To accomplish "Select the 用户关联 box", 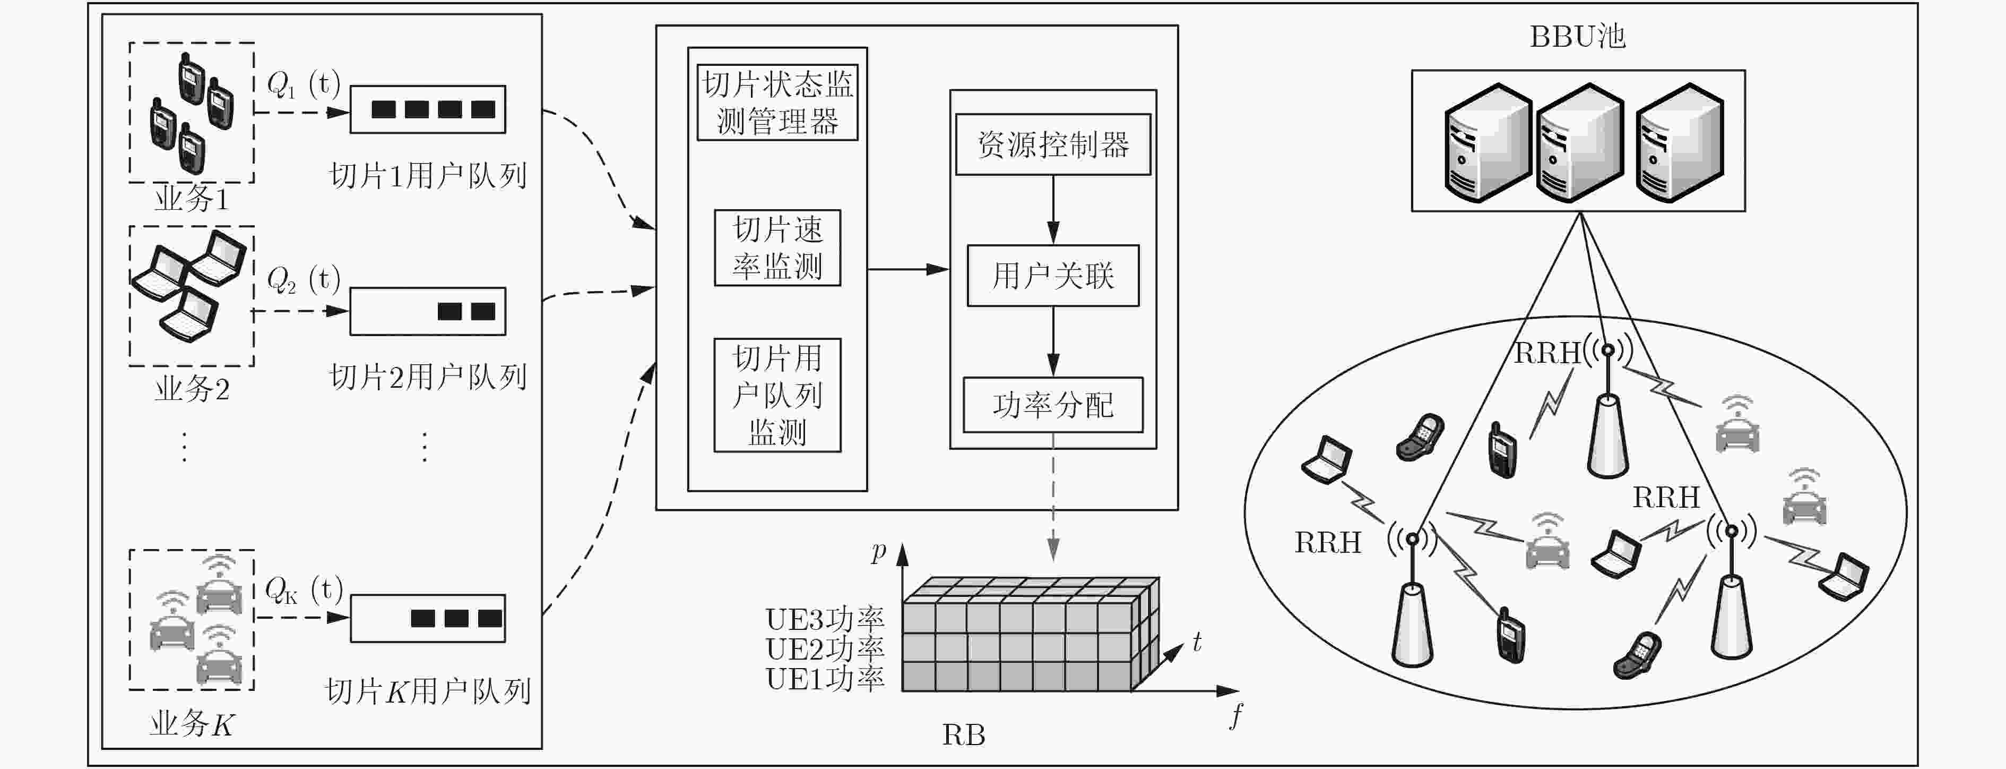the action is point(1053,276).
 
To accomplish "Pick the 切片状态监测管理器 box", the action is point(777,102).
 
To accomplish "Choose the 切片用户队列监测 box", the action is point(777,395).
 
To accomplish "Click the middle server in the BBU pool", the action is point(1580,142).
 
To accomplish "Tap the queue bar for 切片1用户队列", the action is point(428,109).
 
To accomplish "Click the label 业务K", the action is point(192,724).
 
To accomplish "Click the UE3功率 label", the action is point(825,619).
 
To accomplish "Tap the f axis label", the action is point(1237,714).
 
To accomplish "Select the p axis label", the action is point(878,552).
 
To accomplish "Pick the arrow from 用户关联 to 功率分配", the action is point(1053,342).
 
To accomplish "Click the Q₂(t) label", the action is point(304,279).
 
